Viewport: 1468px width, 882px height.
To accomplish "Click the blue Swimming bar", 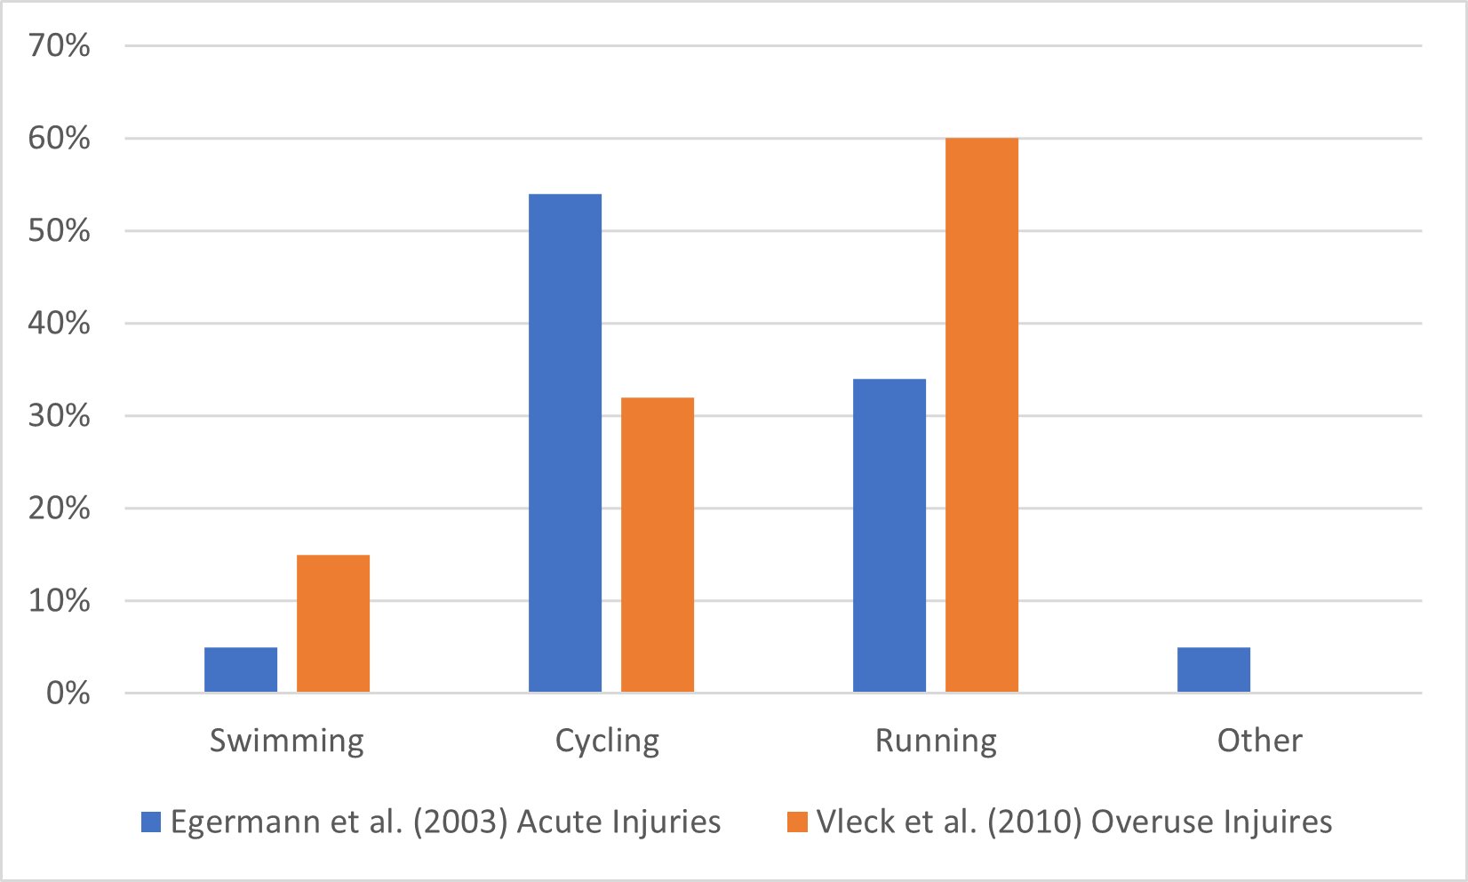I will click(241, 670).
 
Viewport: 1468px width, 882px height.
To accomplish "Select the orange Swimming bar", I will click(333, 623).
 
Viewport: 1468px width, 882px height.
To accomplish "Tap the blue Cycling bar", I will click(565, 443).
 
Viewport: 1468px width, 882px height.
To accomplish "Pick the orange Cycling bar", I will click(658, 544).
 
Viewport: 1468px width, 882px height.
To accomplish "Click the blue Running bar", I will click(890, 535).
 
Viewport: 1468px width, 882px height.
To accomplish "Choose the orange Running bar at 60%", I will click(982, 415).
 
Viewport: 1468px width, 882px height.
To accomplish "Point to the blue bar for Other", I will click(1214, 670).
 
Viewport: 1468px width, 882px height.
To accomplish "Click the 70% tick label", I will click(60, 45).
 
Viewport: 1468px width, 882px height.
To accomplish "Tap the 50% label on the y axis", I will click(60, 231).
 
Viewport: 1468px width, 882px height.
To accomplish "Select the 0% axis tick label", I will click(68, 694).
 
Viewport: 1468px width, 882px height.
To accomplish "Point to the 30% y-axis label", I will click(60, 416).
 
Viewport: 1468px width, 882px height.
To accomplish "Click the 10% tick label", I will click(60, 601).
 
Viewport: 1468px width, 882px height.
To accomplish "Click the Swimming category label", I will click(287, 741).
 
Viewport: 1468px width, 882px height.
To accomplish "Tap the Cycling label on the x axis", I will click(608, 741).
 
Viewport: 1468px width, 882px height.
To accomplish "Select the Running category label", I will click(936, 741).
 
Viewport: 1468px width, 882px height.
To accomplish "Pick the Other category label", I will click(1259, 741).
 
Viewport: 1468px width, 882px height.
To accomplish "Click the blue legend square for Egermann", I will click(152, 822).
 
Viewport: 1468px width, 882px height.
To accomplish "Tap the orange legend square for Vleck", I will click(797, 822).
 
